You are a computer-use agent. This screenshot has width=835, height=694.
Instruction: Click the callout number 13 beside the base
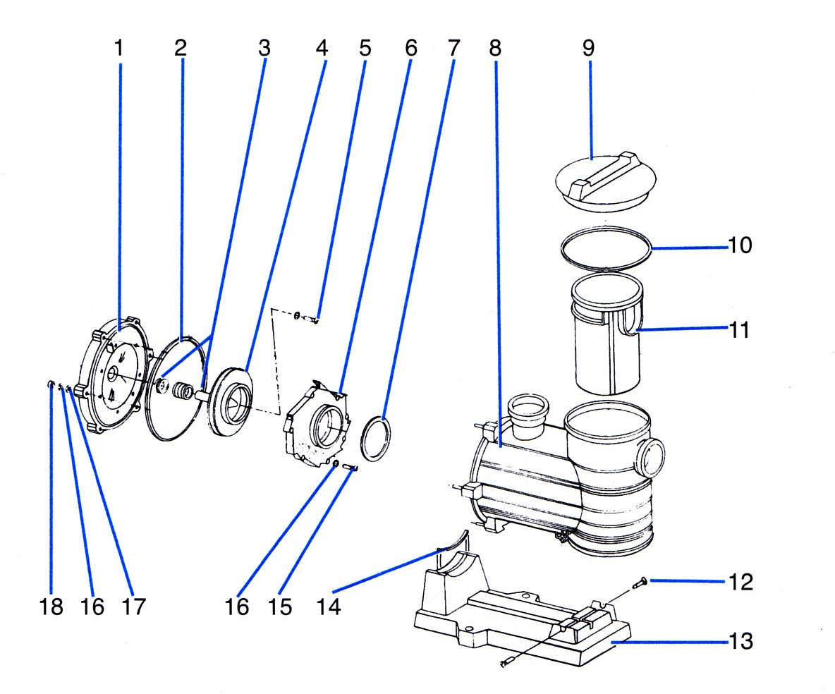(740, 642)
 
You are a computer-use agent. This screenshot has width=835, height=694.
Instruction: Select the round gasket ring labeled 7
(375, 439)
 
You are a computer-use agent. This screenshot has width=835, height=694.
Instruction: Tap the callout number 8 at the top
(494, 48)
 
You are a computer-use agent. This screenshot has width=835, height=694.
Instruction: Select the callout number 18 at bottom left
(51, 607)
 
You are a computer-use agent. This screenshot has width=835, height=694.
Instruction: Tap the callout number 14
(329, 607)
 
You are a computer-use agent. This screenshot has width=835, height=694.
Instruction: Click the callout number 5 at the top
(365, 48)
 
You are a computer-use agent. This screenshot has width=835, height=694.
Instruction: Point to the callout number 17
(134, 607)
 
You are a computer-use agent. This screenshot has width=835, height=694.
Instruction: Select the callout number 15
(281, 607)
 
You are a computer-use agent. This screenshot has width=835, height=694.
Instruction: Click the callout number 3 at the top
(264, 48)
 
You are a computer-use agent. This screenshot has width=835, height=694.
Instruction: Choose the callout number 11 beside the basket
(738, 329)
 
